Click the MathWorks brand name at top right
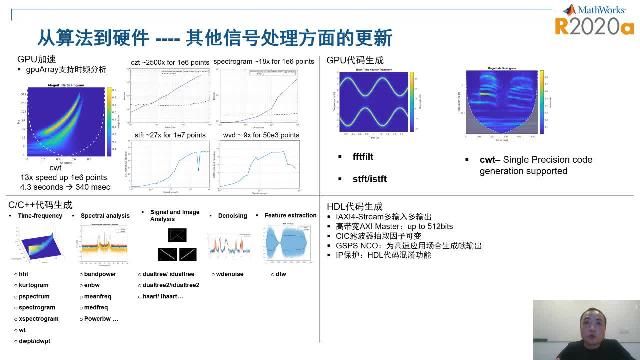tap(601, 9)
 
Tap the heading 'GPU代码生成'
tap(353, 61)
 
